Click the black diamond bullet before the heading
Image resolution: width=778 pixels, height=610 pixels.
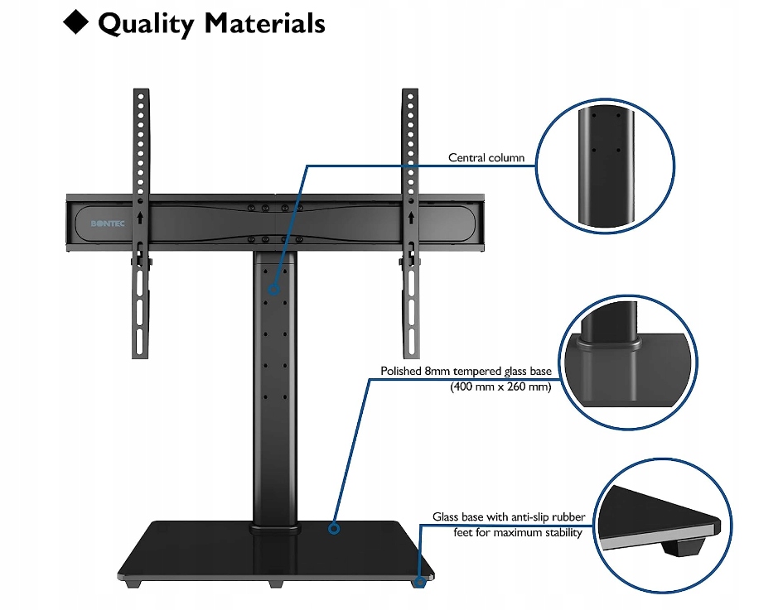(76, 22)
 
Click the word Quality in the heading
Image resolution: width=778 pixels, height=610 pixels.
(147, 24)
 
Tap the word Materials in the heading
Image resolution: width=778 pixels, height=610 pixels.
(265, 23)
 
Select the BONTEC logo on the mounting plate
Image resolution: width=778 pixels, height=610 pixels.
(108, 223)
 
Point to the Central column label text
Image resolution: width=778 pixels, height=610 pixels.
(486, 157)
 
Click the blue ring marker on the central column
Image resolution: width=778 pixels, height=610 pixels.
(274, 290)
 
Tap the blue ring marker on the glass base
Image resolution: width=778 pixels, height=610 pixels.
(334, 529)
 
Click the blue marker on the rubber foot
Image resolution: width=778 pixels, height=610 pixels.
(420, 582)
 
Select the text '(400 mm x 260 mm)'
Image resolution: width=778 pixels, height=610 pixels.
(500, 387)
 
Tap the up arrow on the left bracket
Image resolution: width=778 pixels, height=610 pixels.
(140, 217)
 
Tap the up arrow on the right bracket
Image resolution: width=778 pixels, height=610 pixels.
(411, 217)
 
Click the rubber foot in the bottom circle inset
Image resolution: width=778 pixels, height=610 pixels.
(684, 547)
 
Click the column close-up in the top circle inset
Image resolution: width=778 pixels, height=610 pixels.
(606, 166)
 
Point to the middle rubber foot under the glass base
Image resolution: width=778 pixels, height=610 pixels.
(276, 584)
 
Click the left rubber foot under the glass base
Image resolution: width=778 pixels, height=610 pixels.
(133, 584)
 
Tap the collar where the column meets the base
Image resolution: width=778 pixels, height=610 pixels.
(275, 528)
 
